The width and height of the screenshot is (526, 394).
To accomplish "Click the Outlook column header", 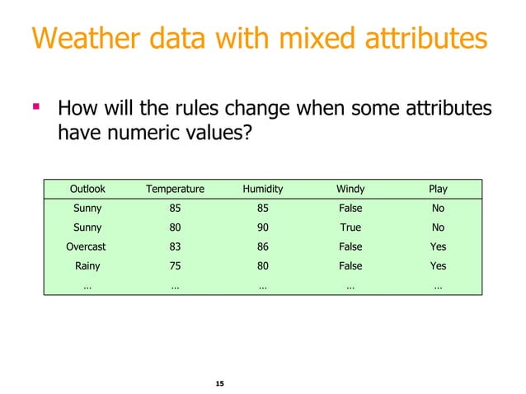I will pos(87,189).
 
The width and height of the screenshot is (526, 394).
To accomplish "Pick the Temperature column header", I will pos(175,189).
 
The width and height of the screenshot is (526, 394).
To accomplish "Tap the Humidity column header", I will pos(262,189).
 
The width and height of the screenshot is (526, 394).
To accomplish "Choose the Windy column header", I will pos(350,189).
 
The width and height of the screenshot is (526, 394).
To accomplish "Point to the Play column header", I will pos(438,189).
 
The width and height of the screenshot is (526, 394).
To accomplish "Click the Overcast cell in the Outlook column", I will pos(86,246).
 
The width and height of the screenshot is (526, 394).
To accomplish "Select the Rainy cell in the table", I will pos(87,265).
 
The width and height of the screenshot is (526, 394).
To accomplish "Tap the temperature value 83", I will pos(175,246).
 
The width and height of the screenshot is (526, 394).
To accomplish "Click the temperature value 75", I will pos(175,265).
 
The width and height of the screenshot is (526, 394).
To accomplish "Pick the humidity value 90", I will pos(262,227).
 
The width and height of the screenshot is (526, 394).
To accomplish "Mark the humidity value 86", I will pos(262,246).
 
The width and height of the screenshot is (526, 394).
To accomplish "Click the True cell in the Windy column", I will pos(350,227).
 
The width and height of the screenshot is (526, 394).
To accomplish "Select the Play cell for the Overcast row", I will pos(438,246).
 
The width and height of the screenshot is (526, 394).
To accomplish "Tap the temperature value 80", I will pos(175,227).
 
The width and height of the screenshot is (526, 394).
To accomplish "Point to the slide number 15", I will pos(218,384).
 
